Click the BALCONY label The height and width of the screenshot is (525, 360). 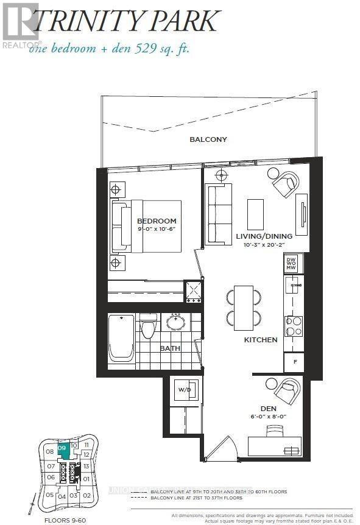tap(208, 139)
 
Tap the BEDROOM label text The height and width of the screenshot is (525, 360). tap(157, 221)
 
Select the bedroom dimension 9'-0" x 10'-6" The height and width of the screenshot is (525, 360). tap(157, 230)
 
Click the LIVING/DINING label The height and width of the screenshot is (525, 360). tap(264, 236)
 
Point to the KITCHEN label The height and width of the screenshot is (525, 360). tap(261, 340)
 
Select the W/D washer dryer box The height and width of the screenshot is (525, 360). tap(185, 389)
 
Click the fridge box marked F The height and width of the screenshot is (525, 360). tap(294, 362)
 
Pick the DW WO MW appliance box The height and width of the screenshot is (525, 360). tap(291, 263)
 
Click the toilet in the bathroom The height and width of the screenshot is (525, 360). tap(148, 328)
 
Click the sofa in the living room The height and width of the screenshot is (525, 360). tap(219, 214)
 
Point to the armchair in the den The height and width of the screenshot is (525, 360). tap(286, 390)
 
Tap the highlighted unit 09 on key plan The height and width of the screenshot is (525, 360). tap(62, 449)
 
